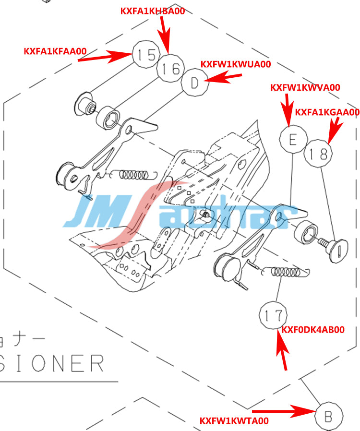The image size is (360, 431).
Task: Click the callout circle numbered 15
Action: (x=145, y=55)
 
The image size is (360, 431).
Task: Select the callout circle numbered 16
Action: (x=170, y=69)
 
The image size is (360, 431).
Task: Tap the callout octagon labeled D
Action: (x=194, y=84)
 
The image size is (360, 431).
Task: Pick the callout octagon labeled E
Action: (x=293, y=139)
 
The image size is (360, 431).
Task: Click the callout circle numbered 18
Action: (x=318, y=154)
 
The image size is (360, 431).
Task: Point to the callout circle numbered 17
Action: (x=273, y=315)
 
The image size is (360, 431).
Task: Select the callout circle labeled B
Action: (x=329, y=416)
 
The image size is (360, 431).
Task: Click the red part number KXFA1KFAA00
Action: (x=55, y=51)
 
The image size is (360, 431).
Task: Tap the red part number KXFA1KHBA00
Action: (x=153, y=11)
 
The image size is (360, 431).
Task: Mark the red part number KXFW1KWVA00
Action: (x=305, y=87)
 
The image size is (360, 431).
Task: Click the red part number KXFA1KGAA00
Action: (x=327, y=112)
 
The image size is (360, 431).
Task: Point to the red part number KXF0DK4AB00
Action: (x=313, y=330)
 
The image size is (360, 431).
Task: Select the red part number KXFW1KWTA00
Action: (x=234, y=420)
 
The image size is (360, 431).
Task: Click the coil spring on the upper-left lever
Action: (x=137, y=174)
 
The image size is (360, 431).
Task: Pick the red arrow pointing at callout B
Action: (x=283, y=411)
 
